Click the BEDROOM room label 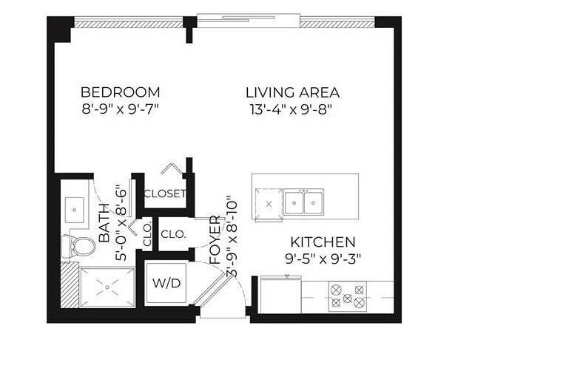tap(120, 92)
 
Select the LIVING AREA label tap(292, 92)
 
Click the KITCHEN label tap(323, 242)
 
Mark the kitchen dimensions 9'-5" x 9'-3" tap(323, 259)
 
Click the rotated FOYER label tap(215, 240)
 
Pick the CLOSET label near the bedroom tap(164, 194)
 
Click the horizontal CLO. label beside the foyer tap(173, 234)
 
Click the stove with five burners tap(347, 296)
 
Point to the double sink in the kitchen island tap(305, 201)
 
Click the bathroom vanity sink tap(75, 209)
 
